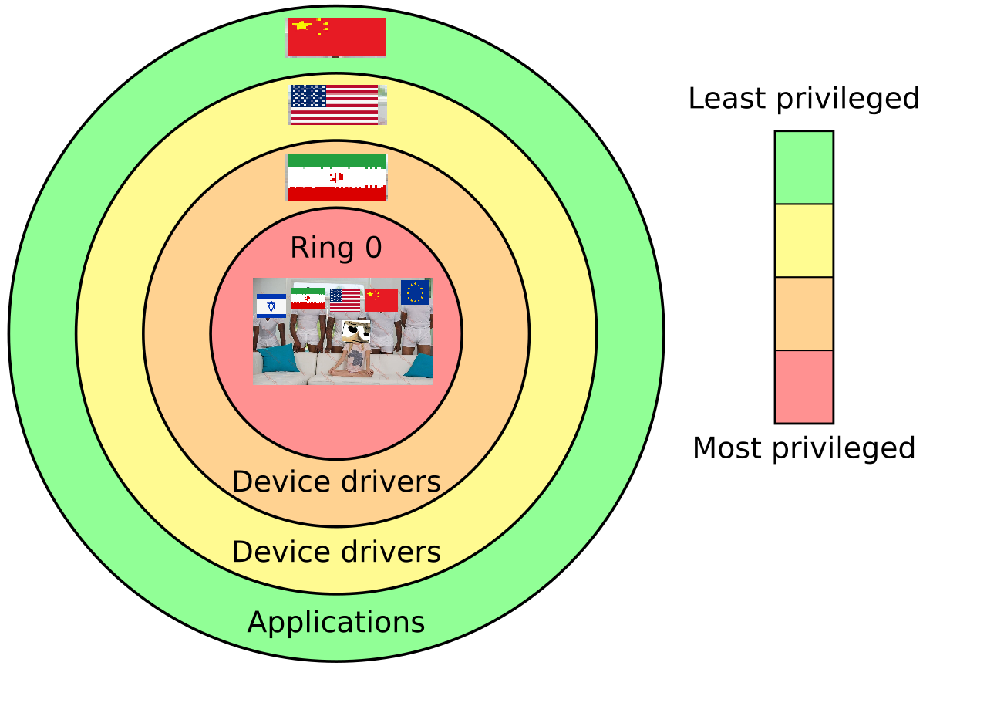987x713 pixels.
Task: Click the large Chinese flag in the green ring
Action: (x=336, y=37)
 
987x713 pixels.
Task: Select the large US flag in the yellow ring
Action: (x=336, y=104)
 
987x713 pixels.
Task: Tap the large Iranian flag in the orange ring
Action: (x=336, y=177)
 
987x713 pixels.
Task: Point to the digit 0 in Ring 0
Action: (x=373, y=248)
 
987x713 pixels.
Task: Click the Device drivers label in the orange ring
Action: (x=336, y=482)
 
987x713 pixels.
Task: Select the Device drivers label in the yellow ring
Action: (x=336, y=552)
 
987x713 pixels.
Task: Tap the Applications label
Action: (x=336, y=623)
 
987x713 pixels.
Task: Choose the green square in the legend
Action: (x=803, y=167)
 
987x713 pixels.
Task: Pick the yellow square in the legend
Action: (x=803, y=240)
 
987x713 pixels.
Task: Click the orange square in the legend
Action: (x=803, y=313)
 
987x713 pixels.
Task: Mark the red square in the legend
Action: (x=803, y=386)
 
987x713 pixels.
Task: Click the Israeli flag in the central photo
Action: (x=271, y=306)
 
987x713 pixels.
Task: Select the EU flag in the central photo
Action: (x=415, y=292)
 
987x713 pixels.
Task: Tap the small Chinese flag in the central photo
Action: (x=381, y=300)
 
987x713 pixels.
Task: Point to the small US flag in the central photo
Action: (x=345, y=299)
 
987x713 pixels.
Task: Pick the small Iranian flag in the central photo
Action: (x=308, y=298)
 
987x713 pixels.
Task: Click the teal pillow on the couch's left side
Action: (x=278, y=359)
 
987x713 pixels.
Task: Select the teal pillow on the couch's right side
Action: (x=420, y=366)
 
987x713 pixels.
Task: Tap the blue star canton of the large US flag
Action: (x=308, y=96)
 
